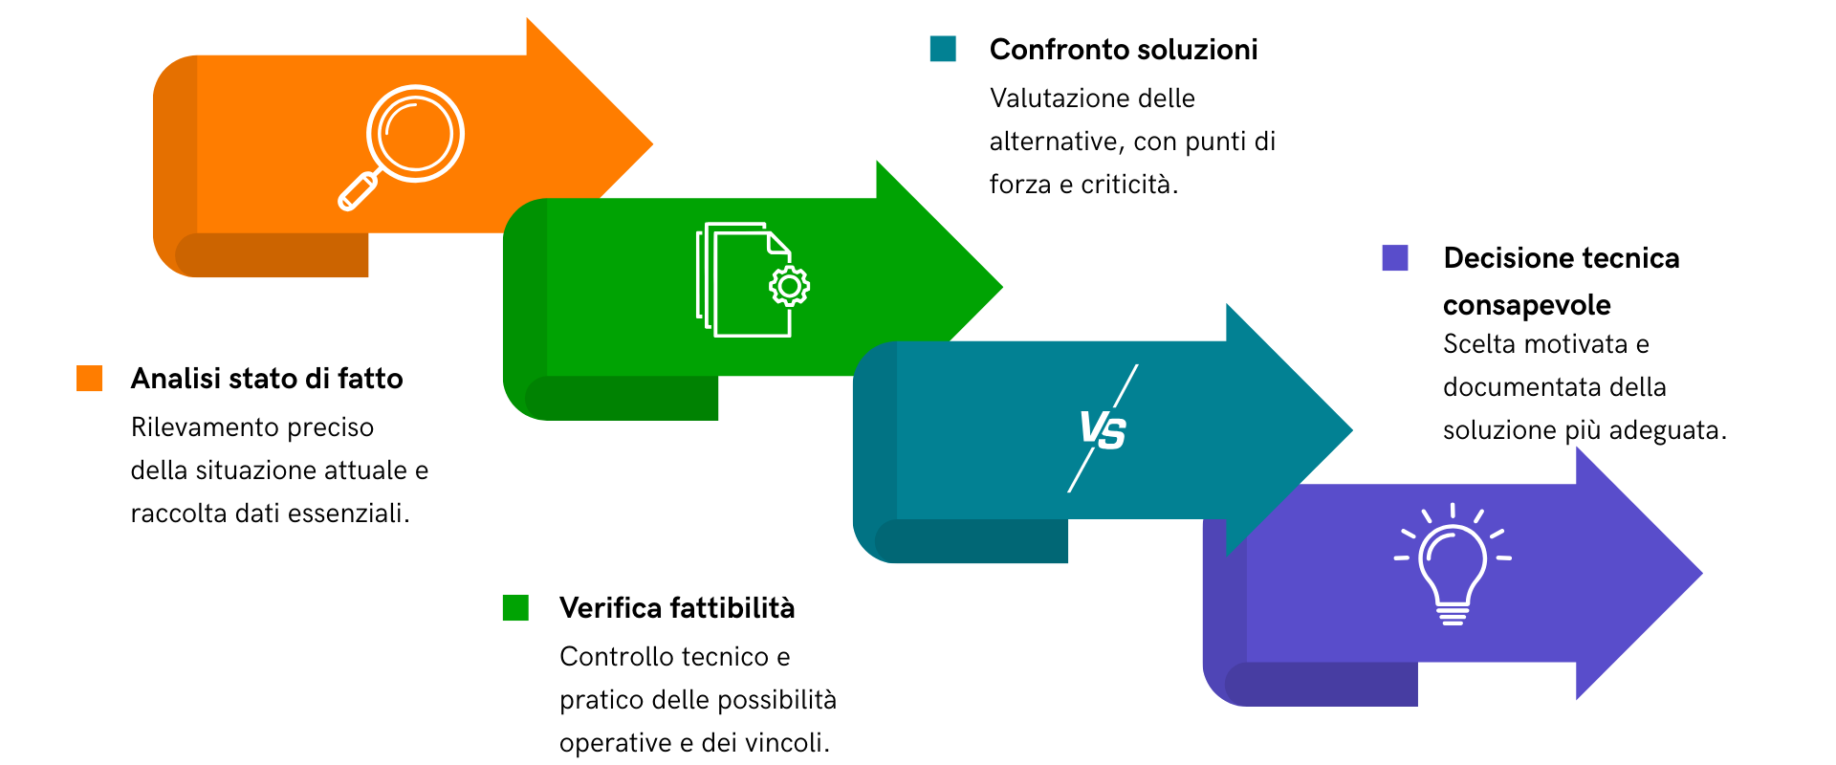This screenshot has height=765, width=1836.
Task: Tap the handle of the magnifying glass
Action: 358,191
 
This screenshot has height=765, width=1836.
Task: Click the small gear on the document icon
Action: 790,286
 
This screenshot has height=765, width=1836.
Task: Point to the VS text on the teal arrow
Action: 1102,429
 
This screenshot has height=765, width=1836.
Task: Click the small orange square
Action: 90,379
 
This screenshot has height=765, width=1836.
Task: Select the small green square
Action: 515,608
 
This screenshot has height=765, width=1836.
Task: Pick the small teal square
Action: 943,49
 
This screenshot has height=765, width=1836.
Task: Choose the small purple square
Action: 1395,258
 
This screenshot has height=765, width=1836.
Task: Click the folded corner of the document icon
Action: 777,243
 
